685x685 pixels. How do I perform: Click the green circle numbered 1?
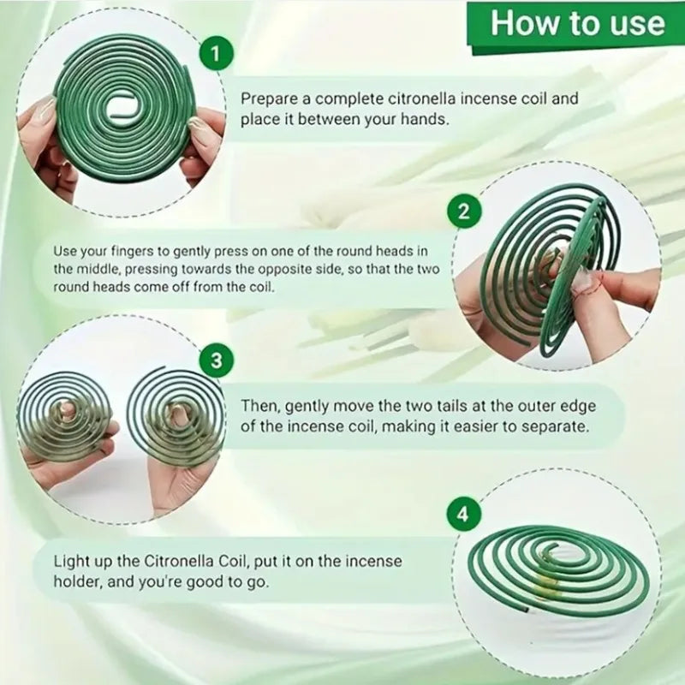pos(216,53)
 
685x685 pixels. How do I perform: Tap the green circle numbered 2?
pos(464,211)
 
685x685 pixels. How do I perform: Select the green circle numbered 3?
pos(216,360)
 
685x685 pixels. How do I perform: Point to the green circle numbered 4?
pos(464,514)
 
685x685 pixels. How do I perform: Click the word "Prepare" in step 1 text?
pos(269,99)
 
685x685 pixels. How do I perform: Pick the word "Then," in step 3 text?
pos(261,406)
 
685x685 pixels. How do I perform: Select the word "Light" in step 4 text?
pos(69,562)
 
